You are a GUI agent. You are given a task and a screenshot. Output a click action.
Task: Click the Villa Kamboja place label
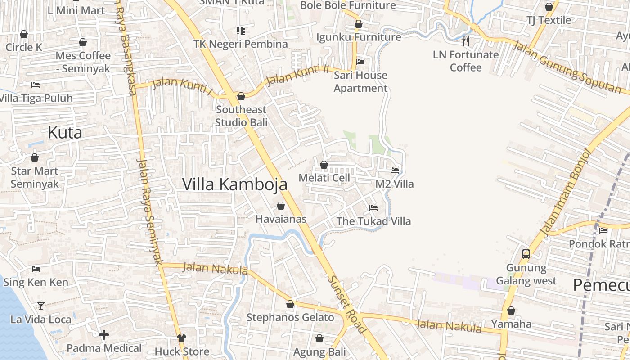coord(234,184)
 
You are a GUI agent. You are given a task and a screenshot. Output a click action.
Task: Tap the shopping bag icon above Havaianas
coord(281,206)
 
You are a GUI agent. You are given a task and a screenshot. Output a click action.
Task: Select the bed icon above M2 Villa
coord(395,171)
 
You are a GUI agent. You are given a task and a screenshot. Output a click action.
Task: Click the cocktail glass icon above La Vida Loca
coord(41,306)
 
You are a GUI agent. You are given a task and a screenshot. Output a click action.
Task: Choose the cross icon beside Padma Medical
coord(104,335)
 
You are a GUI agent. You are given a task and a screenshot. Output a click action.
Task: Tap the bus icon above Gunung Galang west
coord(526,254)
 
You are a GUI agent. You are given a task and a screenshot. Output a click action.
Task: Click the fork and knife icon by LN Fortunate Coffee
coord(466,41)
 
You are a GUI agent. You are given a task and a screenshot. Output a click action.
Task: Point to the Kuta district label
coord(65,133)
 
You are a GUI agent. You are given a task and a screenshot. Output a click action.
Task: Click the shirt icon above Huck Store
coord(182,338)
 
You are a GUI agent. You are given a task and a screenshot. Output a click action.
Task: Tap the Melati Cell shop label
coord(324,178)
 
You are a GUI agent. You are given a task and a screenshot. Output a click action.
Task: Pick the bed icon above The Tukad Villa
coord(373,208)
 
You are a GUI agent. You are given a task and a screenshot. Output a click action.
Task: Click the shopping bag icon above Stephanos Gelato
coord(290,305)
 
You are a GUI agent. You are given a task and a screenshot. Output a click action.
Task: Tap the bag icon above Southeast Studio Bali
coord(241,96)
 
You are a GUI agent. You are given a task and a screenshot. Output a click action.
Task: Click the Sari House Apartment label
coord(360,81)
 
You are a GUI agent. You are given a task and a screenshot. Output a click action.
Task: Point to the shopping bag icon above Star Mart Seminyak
coord(35,157)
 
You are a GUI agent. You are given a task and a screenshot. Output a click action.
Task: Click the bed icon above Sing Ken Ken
coord(36,269)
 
